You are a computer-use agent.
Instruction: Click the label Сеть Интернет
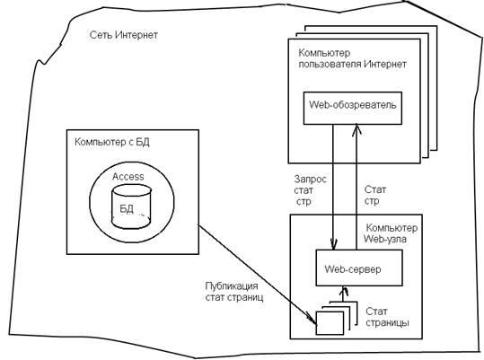(124, 35)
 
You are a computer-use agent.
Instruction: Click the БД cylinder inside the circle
(131, 206)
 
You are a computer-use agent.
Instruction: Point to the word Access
(128, 177)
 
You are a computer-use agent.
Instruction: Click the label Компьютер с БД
(112, 142)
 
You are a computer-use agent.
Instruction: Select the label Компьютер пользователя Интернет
(352, 58)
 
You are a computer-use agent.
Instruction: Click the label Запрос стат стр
(310, 190)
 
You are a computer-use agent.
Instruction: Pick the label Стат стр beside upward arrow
(375, 196)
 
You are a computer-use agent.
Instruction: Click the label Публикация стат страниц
(234, 292)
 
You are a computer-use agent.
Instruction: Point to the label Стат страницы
(387, 317)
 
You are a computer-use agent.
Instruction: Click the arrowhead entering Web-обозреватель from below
(356, 129)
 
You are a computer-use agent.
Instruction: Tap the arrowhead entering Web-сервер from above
(333, 244)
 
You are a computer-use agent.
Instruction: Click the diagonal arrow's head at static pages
(312, 320)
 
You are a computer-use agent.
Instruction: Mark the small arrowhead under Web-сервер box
(343, 290)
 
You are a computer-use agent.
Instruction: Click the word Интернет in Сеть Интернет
(136, 35)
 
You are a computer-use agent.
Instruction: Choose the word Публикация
(232, 286)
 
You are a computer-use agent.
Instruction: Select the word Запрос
(310, 180)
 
